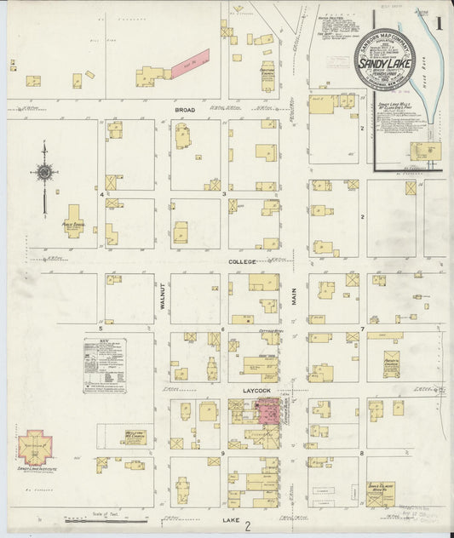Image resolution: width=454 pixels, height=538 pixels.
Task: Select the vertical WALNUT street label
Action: coord(160,300)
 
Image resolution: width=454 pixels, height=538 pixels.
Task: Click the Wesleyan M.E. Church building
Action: coord(133,437)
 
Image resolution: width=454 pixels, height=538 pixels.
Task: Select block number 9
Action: coord(222,454)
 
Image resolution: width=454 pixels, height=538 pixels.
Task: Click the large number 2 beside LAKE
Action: coord(246,528)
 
